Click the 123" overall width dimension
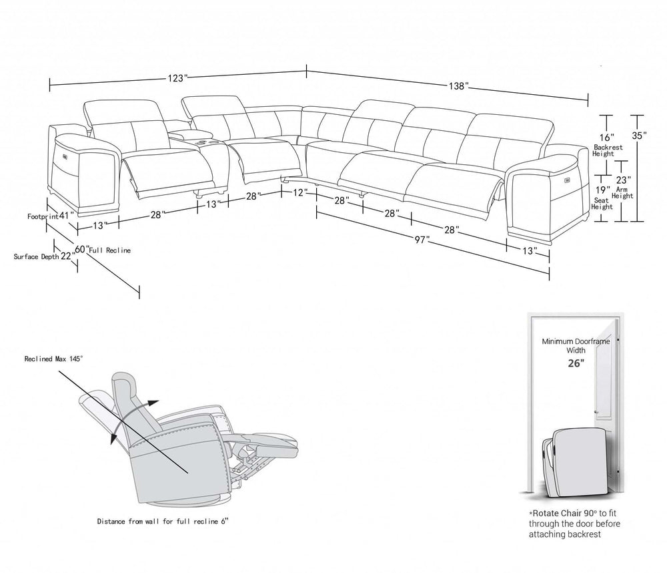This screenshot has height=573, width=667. coord(177,78)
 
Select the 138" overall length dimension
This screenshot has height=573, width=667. coord(459,86)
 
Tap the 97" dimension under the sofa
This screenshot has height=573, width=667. coord(420,239)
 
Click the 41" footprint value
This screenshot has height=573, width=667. coord(65,216)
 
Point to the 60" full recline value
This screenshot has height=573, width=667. coord(81,249)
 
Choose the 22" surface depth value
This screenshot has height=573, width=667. coord(67,256)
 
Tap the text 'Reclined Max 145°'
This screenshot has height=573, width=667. coord(53,358)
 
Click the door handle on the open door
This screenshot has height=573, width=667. coord(618,343)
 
